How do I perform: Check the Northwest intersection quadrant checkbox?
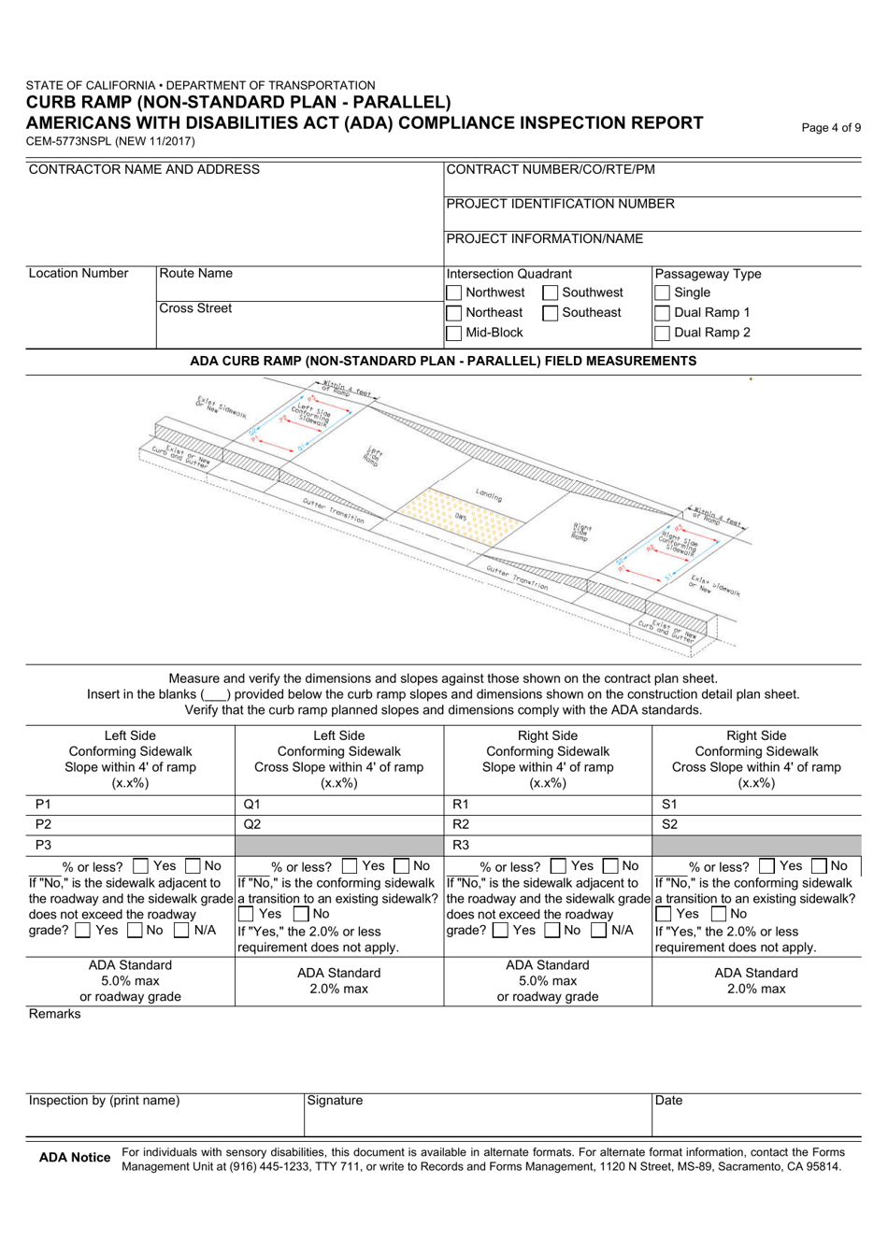click(x=454, y=293)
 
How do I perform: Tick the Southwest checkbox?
click(x=551, y=293)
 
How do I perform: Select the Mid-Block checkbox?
click(x=454, y=333)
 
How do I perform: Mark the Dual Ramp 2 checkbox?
click(x=663, y=333)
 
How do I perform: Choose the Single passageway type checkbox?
click(x=663, y=293)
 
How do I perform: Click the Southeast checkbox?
click(x=551, y=313)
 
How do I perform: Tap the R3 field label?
click(x=460, y=845)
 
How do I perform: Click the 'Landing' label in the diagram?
click(x=488, y=497)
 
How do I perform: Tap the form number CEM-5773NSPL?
click(x=110, y=141)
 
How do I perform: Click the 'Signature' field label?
click(x=335, y=1101)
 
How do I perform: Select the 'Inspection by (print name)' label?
click(x=104, y=1101)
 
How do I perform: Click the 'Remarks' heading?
click(x=54, y=1014)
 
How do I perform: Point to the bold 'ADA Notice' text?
click(x=75, y=1158)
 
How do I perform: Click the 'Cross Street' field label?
click(x=195, y=308)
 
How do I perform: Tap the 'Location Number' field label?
click(x=79, y=274)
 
